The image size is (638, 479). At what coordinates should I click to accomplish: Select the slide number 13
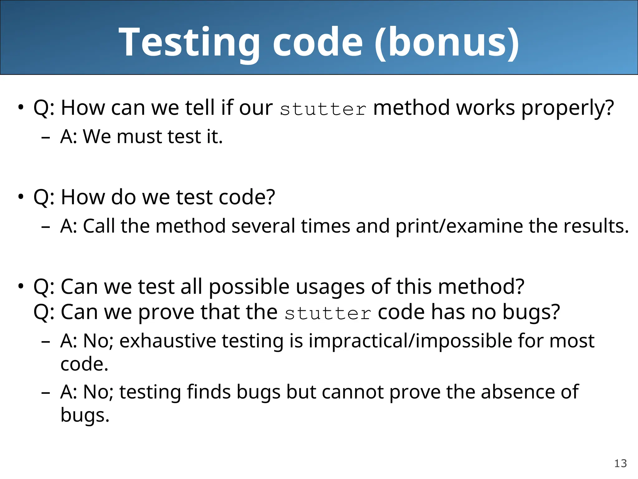pyautogui.click(x=620, y=463)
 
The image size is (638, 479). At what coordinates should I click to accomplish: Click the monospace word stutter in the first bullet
pyautogui.click(x=323, y=109)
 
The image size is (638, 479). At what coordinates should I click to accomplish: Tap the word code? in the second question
pyautogui.click(x=247, y=197)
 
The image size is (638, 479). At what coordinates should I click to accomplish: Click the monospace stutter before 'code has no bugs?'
pyautogui.click(x=327, y=314)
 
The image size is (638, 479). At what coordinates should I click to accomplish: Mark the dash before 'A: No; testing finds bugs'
pyautogui.click(x=45, y=393)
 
